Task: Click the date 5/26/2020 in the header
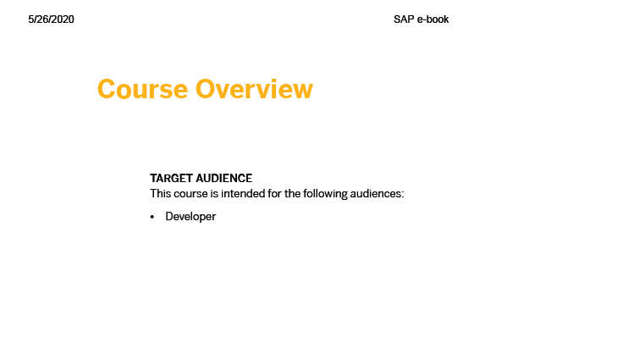tap(51, 19)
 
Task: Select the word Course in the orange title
tap(142, 89)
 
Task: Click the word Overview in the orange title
tap(254, 89)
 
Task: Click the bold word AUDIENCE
tap(223, 178)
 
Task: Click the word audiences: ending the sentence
tap(377, 194)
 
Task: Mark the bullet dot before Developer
tap(152, 217)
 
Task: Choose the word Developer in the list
tap(190, 217)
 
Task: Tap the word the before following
tap(292, 194)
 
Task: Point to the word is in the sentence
tap(214, 194)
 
